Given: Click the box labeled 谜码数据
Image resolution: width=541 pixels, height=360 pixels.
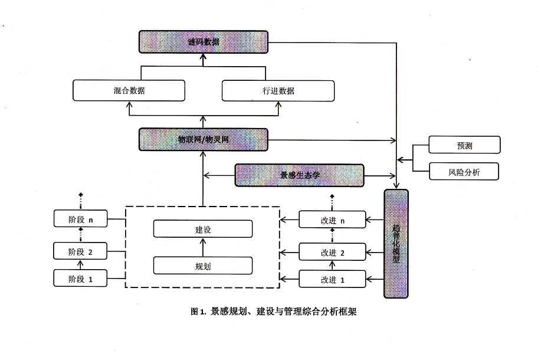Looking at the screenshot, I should point(203,42).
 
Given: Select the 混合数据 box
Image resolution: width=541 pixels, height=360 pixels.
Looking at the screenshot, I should point(129,91).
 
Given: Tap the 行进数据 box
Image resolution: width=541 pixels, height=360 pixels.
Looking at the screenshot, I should point(278,91).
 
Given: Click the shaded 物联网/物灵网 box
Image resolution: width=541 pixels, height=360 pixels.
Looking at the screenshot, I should point(203,140).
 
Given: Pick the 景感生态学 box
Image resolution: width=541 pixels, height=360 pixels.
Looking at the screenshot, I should point(300,175).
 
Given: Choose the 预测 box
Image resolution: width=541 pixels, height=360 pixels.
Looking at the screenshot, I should point(464,145).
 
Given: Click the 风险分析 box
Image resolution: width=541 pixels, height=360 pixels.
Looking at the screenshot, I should point(464,172).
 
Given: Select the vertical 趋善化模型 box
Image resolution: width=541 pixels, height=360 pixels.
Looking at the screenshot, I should point(396,243).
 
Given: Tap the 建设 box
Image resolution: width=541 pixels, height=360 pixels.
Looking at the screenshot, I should point(203,229).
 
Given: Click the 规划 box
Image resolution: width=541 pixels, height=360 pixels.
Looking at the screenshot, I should point(203,266).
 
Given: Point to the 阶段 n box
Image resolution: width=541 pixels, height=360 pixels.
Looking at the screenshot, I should point(81,220).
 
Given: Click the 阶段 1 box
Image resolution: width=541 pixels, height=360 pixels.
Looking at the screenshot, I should point(81,278).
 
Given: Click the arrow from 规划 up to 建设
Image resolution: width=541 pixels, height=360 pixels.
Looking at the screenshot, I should point(203,247).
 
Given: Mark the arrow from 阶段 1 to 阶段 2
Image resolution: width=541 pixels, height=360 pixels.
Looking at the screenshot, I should point(81,264).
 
